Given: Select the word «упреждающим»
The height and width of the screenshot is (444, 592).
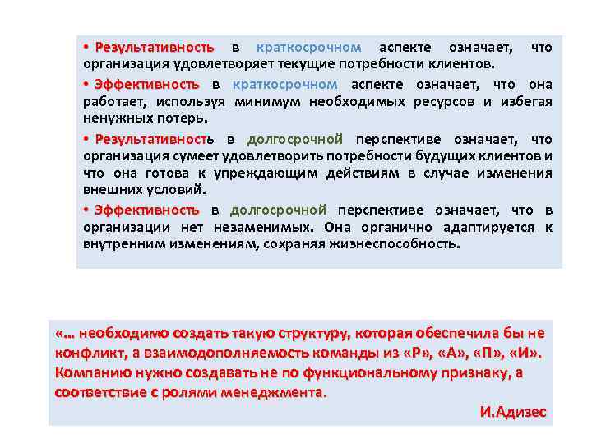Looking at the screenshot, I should pyautogui.click(x=258, y=173).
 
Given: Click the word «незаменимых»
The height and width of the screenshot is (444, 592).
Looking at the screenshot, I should pyautogui.click(x=262, y=228).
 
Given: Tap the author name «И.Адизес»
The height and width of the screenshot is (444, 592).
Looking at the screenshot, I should pyautogui.click(x=512, y=412).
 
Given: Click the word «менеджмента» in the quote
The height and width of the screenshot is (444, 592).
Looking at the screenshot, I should pyautogui.click(x=276, y=392).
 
